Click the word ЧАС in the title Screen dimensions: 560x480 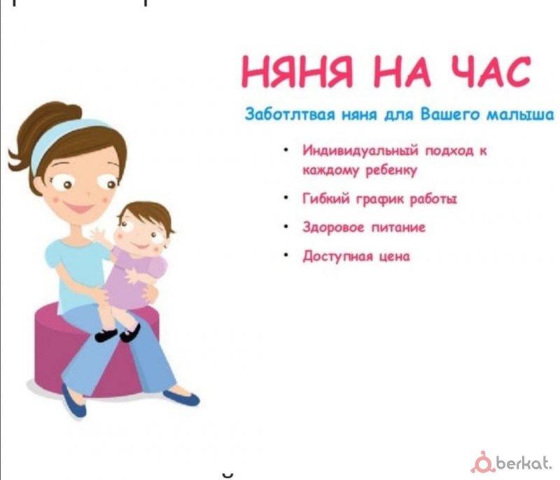[489, 72]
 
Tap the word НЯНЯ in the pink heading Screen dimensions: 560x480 [297, 72]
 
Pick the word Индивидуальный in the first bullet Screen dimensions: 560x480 [360, 151]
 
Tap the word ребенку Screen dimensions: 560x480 [391, 170]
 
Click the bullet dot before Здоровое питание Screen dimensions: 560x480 [286, 226]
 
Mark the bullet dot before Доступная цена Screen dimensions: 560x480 [286, 255]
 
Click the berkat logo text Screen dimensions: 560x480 [524, 464]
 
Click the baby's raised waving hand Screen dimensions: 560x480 [99, 235]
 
